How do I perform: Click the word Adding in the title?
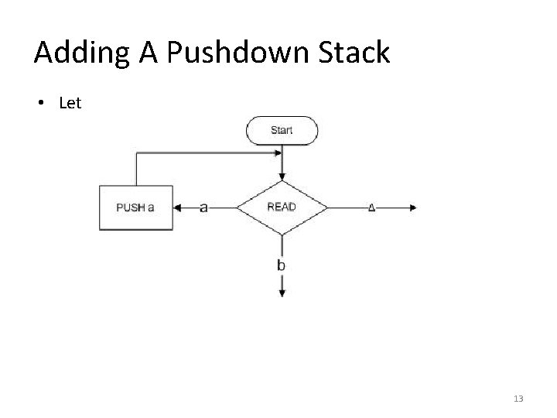click(x=81, y=53)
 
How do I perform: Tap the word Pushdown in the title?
click(x=237, y=52)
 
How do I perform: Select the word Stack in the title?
click(x=354, y=52)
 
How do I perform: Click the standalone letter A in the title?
click(x=148, y=53)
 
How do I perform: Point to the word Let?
click(x=70, y=103)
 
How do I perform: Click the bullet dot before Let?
click(x=41, y=103)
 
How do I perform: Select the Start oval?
click(x=282, y=131)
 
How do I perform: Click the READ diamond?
click(x=282, y=207)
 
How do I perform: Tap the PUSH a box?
click(x=136, y=207)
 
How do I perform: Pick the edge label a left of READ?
click(x=203, y=207)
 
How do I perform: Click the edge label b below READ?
click(x=281, y=265)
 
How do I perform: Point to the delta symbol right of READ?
click(x=371, y=207)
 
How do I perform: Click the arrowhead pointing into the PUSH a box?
click(x=177, y=207)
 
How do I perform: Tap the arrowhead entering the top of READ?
click(x=282, y=176)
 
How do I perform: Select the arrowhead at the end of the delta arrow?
click(x=413, y=207)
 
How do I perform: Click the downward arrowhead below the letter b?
click(x=282, y=293)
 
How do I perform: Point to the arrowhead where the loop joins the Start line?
click(x=278, y=153)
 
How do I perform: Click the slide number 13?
click(x=518, y=399)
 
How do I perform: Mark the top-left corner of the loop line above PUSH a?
click(x=136, y=153)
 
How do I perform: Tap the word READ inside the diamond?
click(x=282, y=207)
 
